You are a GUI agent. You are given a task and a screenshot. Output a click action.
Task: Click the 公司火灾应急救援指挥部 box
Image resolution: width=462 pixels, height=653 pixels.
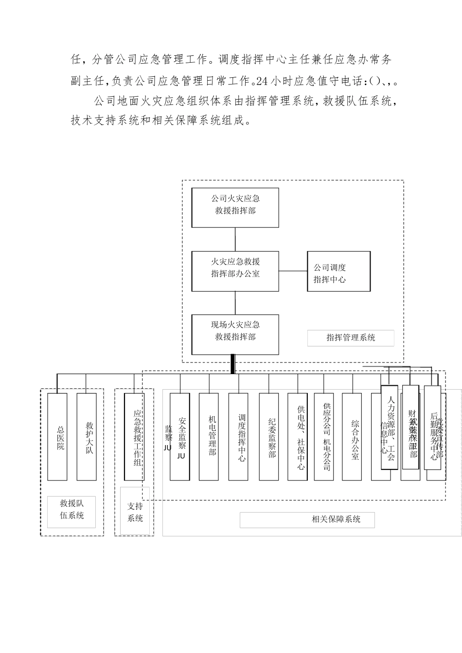click(235, 207)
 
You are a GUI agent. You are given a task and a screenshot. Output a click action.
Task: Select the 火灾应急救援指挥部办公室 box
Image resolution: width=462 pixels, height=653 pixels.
click(235, 271)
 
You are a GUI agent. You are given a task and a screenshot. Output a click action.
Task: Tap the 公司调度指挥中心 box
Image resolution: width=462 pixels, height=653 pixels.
click(338, 271)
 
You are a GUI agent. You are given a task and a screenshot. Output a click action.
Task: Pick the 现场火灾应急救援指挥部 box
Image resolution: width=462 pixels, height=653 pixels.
click(235, 334)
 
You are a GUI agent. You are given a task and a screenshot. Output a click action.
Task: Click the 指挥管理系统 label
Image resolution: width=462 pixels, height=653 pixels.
click(350, 338)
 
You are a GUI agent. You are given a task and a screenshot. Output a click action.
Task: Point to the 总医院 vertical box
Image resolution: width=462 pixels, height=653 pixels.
click(57, 436)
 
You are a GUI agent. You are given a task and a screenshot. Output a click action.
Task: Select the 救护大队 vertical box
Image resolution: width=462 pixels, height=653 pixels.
click(87, 436)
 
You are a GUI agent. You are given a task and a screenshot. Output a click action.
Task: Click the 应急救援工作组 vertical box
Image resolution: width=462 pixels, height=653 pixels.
click(134, 436)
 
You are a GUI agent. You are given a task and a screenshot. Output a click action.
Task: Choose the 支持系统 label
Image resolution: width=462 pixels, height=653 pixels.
click(135, 512)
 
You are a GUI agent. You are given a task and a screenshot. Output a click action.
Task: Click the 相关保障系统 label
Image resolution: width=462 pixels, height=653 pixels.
click(336, 519)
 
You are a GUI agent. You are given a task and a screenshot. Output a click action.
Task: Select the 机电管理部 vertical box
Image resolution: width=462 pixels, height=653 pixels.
click(209, 436)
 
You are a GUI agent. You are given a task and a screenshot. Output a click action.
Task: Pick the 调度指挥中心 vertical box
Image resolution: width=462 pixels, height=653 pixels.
click(238, 436)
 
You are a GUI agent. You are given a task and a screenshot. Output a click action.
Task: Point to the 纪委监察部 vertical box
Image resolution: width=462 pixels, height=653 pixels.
click(269, 436)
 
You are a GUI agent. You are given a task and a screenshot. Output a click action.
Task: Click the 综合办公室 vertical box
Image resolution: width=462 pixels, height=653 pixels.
click(352, 436)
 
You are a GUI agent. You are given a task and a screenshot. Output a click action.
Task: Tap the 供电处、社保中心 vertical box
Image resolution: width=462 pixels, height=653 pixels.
click(298, 436)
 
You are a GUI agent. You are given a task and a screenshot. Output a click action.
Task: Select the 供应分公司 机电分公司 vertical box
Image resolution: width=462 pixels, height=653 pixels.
click(324, 436)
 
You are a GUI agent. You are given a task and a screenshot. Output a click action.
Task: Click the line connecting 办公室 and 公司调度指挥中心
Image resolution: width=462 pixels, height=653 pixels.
click(293, 271)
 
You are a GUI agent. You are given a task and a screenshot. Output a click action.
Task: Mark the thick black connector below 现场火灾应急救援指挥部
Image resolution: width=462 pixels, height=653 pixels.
click(232, 364)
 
